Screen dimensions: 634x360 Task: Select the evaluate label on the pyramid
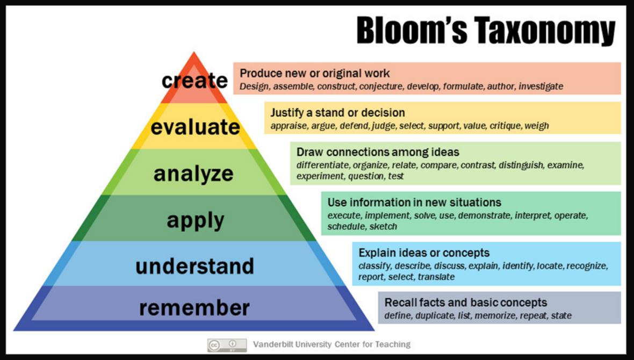pyautogui.click(x=195, y=127)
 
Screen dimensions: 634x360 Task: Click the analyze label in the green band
pyautogui.click(x=193, y=174)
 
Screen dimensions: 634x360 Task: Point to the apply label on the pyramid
pyautogui.click(x=195, y=220)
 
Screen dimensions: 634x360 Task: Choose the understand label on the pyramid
pyautogui.click(x=194, y=266)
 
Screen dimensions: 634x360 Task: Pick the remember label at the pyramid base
pyautogui.click(x=194, y=308)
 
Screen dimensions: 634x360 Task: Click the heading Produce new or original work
pyautogui.click(x=315, y=73)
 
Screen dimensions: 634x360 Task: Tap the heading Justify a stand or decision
pyautogui.click(x=337, y=113)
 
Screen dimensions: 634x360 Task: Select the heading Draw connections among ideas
pyautogui.click(x=378, y=152)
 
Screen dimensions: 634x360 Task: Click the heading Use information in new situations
pyautogui.click(x=414, y=203)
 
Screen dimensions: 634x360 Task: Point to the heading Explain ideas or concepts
pyautogui.click(x=424, y=253)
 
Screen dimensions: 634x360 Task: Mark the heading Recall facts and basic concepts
pyautogui.click(x=465, y=302)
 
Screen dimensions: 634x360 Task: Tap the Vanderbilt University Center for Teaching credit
pyautogui.click(x=332, y=344)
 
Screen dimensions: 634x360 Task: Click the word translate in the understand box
pyautogui.click(x=436, y=277)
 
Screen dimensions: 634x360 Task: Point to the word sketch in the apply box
pyautogui.click(x=383, y=226)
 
